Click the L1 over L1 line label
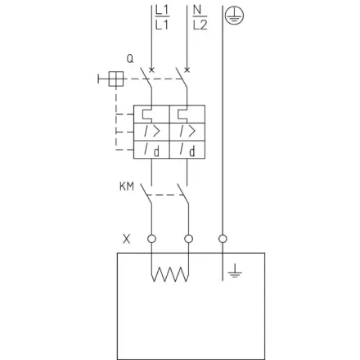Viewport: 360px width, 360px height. [x=162, y=18]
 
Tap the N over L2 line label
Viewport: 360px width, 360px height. [x=200, y=18]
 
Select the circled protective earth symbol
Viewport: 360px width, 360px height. [x=234, y=16]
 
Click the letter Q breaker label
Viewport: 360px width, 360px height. [x=130, y=59]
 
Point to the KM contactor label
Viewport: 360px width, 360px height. [x=127, y=187]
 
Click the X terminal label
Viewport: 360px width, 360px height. [x=127, y=239]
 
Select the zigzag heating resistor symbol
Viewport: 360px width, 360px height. [x=170, y=274]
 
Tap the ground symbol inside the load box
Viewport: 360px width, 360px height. [x=235, y=271]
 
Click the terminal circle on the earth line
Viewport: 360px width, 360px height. [x=223, y=239]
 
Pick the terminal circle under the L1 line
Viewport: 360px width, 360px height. [x=151, y=239]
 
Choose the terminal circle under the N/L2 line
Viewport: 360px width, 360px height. [x=188, y=239]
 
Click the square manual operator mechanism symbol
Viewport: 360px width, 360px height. [x=116, y=79]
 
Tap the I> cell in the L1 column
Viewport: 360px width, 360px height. [x=151, y=132]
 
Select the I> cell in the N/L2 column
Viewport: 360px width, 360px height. [x=187, y=132]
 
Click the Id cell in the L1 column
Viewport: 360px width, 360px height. [x=151, y=150]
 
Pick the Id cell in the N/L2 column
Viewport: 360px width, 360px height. [x=187, y=150]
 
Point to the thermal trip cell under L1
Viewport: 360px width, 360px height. [x=151, y=114]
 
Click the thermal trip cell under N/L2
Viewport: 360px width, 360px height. [x=187, y=114]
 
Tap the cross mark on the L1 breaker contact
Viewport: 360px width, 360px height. [x=151, y=70]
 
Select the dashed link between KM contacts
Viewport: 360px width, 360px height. [x=164, y=195]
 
